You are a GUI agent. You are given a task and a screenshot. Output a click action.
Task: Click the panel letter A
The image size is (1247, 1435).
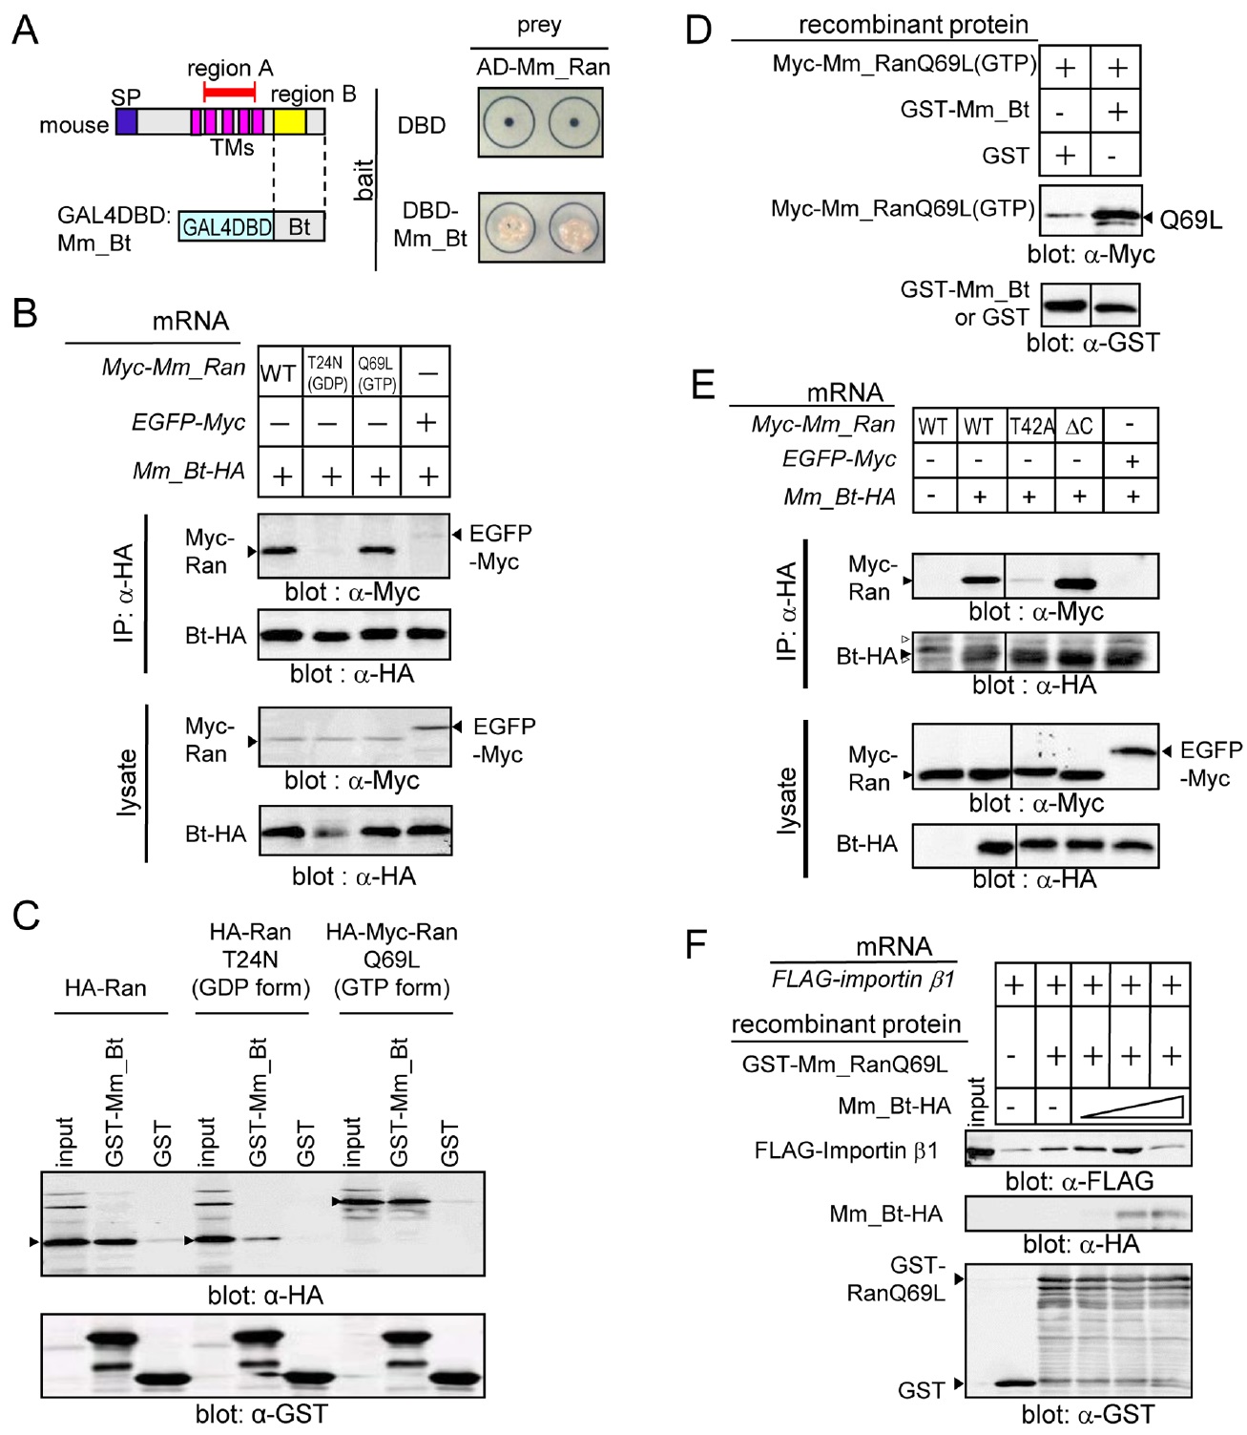(x=25, y=30)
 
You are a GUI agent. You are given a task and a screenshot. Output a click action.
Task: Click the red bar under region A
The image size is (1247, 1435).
(x=230, y=93)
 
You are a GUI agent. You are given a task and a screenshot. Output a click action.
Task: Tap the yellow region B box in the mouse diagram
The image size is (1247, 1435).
(x=290, y=121)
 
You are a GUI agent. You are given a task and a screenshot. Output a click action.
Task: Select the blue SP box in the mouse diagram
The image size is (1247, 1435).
(x=127, y=121)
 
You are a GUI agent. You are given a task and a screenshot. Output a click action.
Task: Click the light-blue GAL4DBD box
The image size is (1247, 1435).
(x=226, y=227)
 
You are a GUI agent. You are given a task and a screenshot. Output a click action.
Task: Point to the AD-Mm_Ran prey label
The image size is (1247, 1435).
(x=542, y=67)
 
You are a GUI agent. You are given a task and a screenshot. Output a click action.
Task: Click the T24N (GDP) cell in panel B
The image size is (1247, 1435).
(x=326, y=372)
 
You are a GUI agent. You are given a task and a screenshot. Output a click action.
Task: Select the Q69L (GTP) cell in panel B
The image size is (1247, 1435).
(x=377, y=372)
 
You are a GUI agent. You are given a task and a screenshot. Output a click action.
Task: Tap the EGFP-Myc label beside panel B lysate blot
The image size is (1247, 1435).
(x=504, y=740)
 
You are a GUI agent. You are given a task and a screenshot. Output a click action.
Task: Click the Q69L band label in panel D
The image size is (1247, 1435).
(x=1191, y=221)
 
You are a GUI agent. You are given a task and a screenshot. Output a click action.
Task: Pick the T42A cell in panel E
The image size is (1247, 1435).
(x=1030, y=426)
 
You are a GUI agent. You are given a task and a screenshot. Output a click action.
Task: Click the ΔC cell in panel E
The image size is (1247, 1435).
(x=1079, y=426)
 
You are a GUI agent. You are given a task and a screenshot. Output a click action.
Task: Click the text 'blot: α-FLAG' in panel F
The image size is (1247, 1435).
(x=1079, y=1181)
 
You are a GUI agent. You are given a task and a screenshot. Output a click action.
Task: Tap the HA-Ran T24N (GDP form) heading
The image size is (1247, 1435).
(x=251, y=960)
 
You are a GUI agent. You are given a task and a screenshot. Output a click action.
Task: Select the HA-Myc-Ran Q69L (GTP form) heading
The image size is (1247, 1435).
(x=392, y=960)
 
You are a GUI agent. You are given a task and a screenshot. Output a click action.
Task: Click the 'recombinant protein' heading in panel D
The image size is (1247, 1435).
(x=913, y=25)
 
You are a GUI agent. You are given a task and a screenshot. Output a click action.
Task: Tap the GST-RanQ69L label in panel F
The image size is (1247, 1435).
(x=896, y=1279)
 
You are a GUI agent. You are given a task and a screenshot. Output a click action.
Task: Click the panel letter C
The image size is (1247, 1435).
(x=26, y=914)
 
